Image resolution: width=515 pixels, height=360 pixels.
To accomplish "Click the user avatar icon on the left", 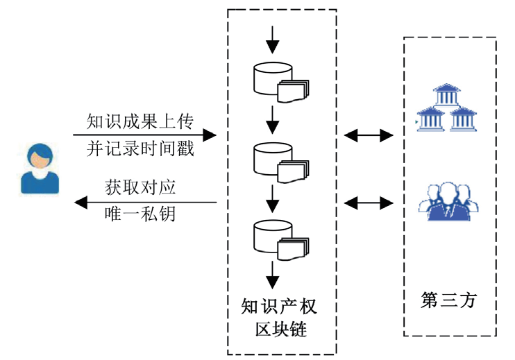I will coord(40,168).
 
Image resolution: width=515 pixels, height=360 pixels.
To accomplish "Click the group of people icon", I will coord(449,201).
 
